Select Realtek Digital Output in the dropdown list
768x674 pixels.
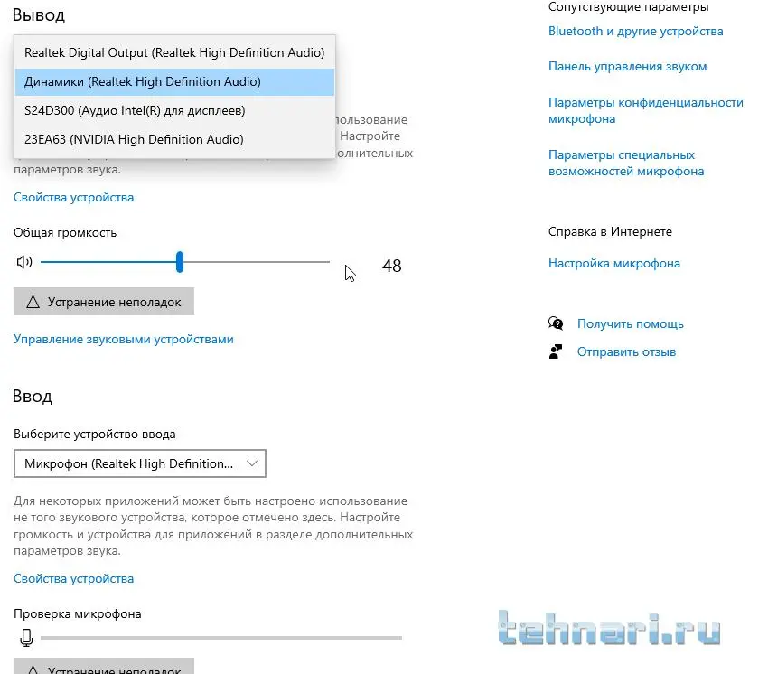(173, 52)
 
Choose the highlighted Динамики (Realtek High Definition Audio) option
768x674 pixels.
(143, 81)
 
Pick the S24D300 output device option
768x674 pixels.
(135, 110)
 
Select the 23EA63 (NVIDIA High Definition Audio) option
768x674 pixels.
(134, 139)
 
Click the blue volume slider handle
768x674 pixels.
(180, 262)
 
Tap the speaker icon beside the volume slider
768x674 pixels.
(24, 262)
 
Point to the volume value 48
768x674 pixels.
(391, 267)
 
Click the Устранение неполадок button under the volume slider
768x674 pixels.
(104, 302)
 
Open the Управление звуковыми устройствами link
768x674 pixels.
(124, 340)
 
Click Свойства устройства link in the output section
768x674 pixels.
(73, 197)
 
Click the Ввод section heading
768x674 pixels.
(33, 397)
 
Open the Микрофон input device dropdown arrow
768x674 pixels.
(252, 463)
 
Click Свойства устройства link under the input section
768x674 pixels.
(73, 578)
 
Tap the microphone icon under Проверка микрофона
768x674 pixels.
(26, 638)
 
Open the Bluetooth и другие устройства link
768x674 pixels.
(635, 31)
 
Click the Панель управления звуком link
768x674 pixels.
(627, 66)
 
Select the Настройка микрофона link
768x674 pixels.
(613, 264)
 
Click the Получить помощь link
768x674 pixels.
(630, 323)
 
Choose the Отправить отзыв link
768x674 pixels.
(626, 351)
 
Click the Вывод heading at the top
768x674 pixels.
(39, 15)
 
